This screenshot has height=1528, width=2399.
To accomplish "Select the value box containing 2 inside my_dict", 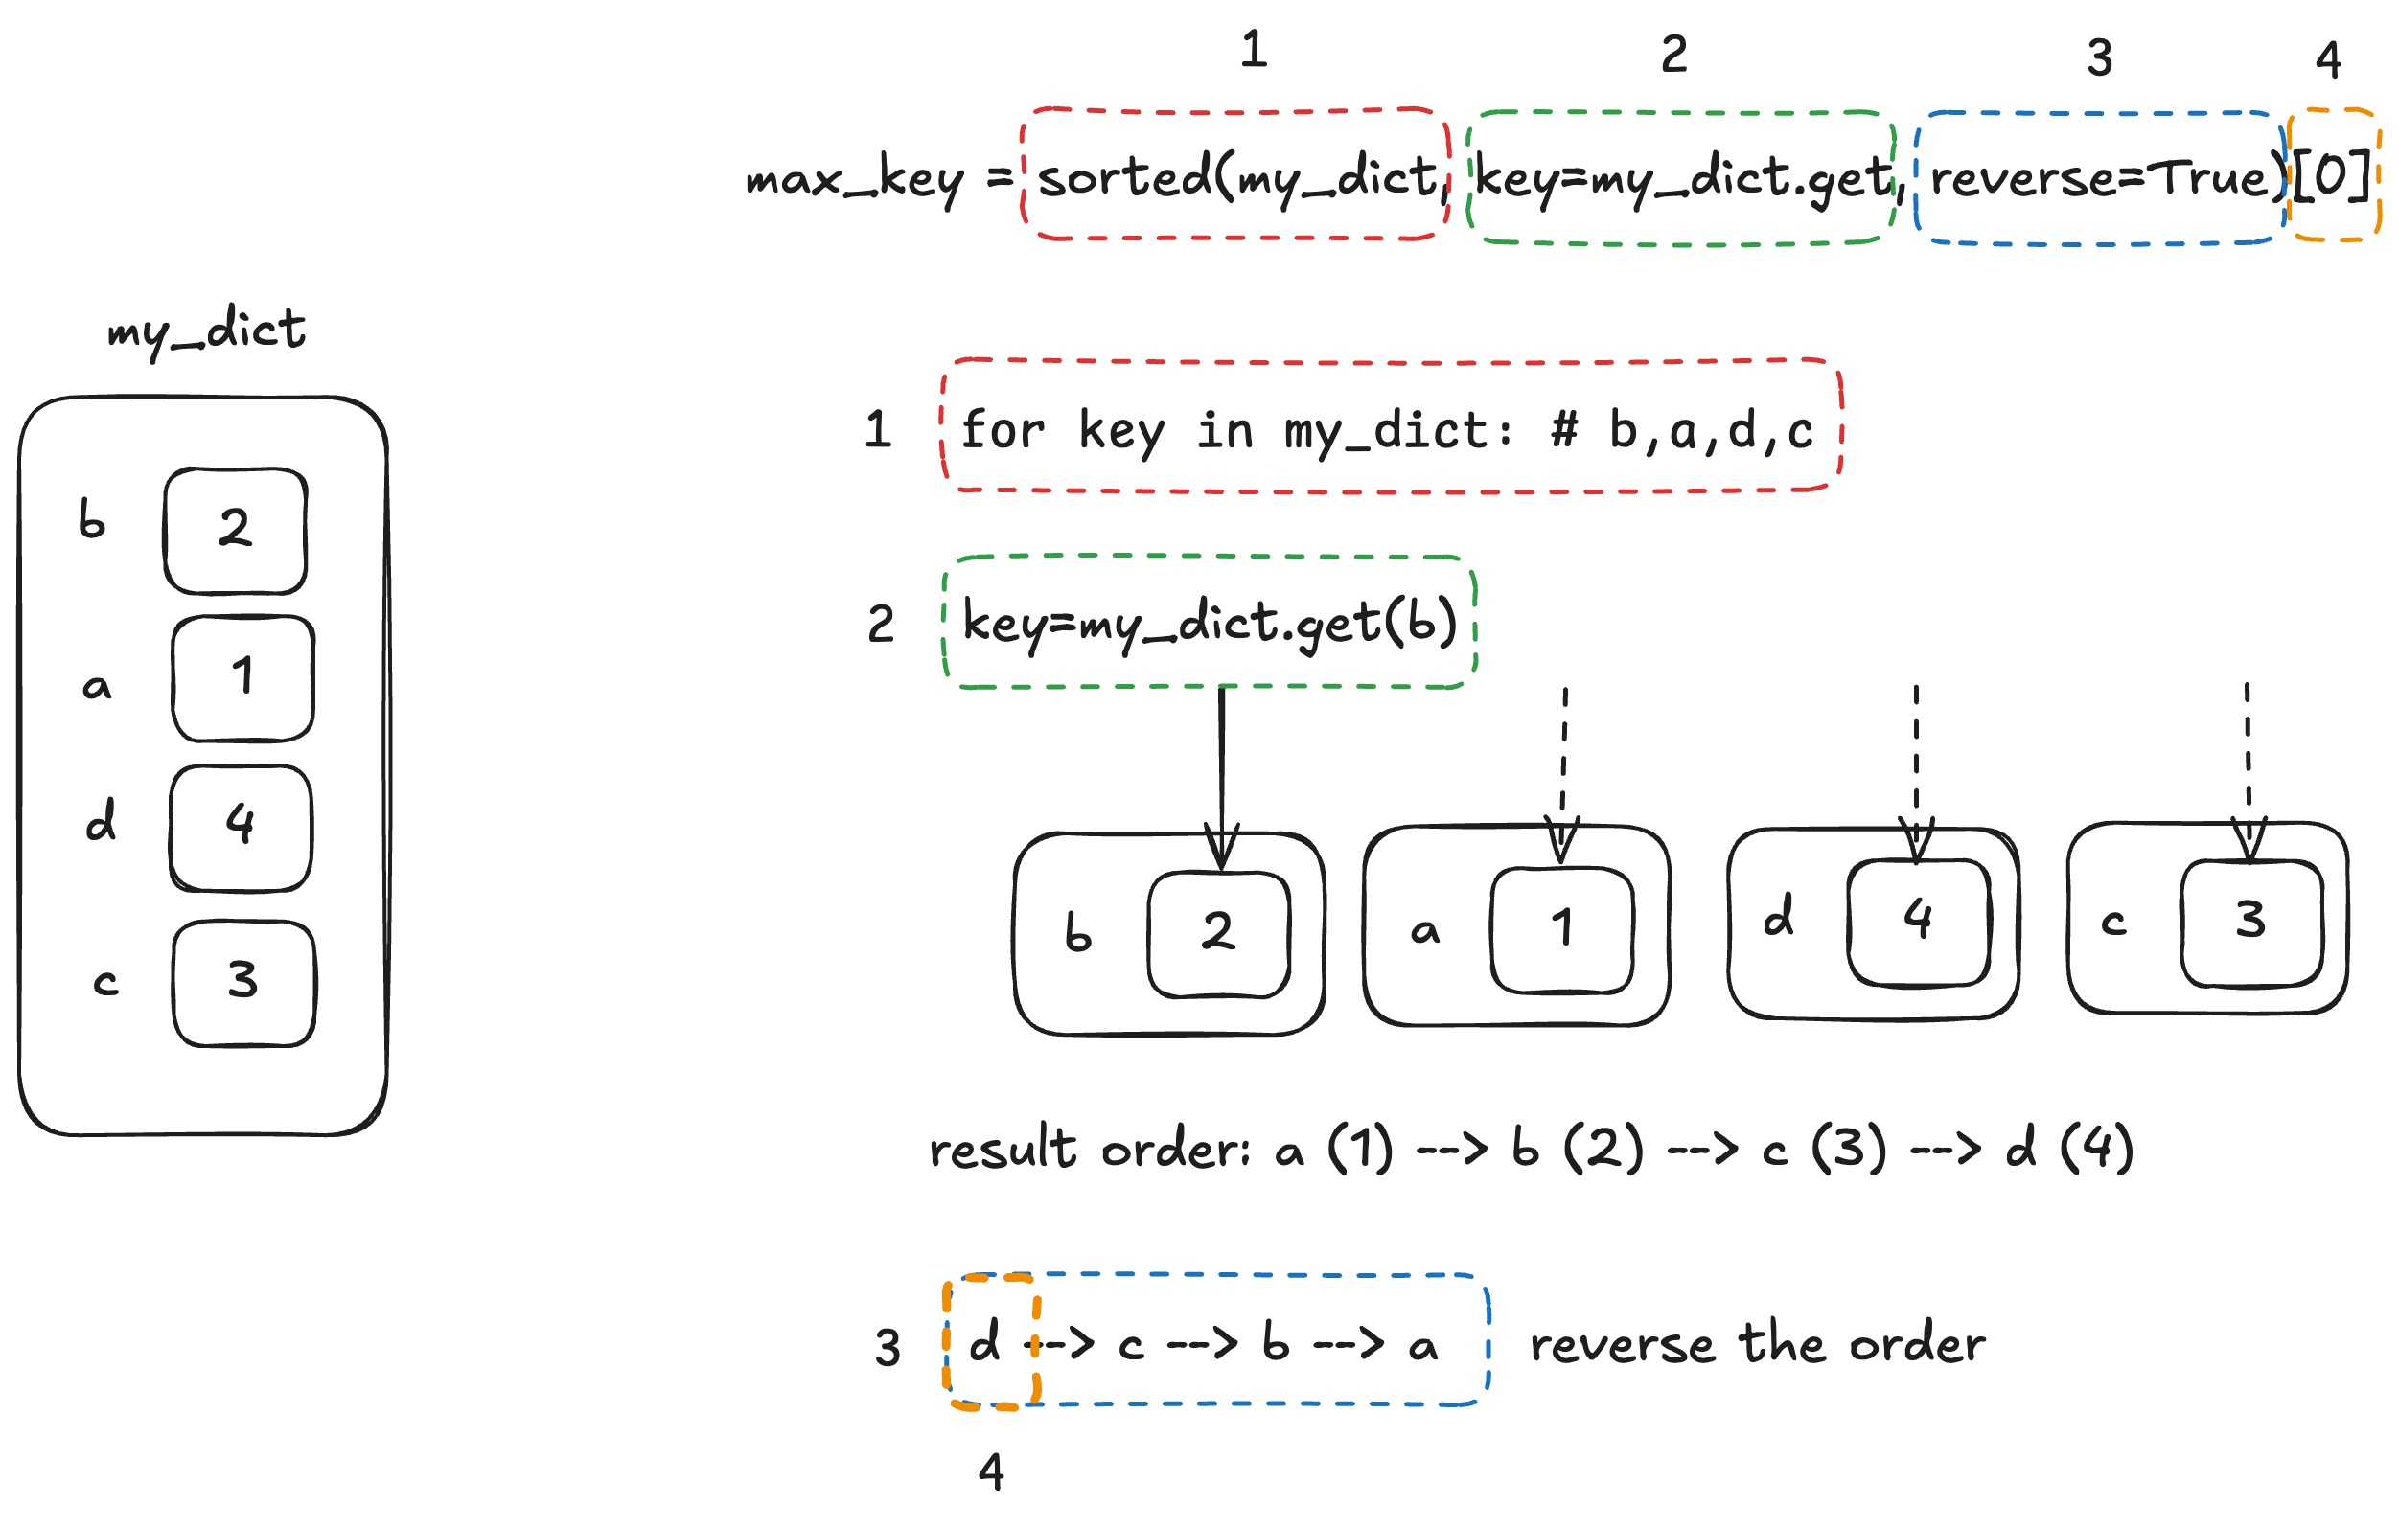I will pyautogui.click(x=235, y=531).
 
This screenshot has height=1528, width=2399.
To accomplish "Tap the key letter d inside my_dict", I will pyautogui.click(x=101, y=821).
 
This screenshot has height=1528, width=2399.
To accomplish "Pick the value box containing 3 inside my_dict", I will pyautogui.click(x=243, y=983).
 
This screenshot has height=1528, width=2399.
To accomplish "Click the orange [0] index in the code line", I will pyautogui.click(x=2332, y=177).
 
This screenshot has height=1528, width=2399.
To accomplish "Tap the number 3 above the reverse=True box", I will pyautogui.click(x=2099, y=58).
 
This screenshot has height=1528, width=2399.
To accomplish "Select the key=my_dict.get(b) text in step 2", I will pyautogui.click(x=1210, y=624).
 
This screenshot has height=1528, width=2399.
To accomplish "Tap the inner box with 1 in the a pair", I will pyautogui.click(x=1561, y=929).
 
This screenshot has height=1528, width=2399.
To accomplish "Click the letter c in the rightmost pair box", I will pyautogui.click(x=2113, y=924).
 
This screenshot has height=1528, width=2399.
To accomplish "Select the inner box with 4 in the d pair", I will pyautogui.click(x=1918, y=922).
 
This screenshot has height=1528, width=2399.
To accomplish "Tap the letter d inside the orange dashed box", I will pyautogui.click(x=984, y=1343).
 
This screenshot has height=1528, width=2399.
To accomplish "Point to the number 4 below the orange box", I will pyautogui.click(x=990, y=1471).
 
